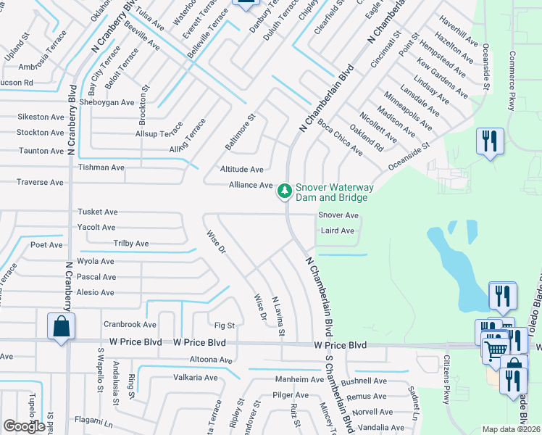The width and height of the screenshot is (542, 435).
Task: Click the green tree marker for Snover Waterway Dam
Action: click(285, 191)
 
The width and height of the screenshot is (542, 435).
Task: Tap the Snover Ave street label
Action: click(338, 215)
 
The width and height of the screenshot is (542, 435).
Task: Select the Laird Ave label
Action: click(337, 231)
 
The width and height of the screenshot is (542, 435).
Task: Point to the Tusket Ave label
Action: click(98, 212)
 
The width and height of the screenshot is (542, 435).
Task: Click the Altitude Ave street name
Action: click(242, 169)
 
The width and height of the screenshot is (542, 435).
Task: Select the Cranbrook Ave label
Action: click(130, 324)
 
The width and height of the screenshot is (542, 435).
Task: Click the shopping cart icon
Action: click(496, 349)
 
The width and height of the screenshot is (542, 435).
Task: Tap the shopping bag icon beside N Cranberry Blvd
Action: click(61, 326)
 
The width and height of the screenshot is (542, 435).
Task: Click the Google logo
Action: click(24, 426)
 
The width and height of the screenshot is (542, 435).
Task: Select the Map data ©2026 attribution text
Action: click(510, 429)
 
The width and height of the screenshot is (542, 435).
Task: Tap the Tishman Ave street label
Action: click(101, 167)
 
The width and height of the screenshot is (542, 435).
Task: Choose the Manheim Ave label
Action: click(299, 379)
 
